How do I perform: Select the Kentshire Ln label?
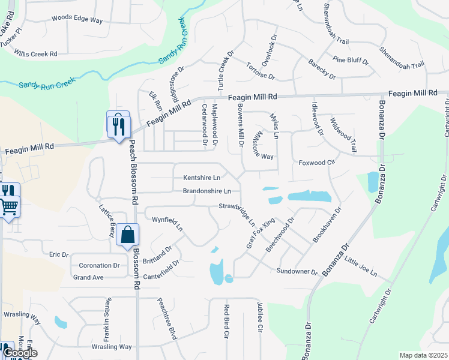coord(201,178)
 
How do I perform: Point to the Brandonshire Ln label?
coord(207,191)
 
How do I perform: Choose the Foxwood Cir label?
coord(316,163)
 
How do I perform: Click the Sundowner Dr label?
coord(297,272)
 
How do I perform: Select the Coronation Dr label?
coord(99,265)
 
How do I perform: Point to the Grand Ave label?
coord(88,277)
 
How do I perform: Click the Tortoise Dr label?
coord(260,71)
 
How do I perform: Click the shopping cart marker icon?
coord(8,206)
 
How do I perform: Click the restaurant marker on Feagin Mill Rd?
coord(118,125)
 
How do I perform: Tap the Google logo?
coord(20,353)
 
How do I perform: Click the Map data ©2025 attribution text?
coord(423,355)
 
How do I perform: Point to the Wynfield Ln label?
coord(167,223)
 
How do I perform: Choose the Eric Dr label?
coord(59,254)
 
